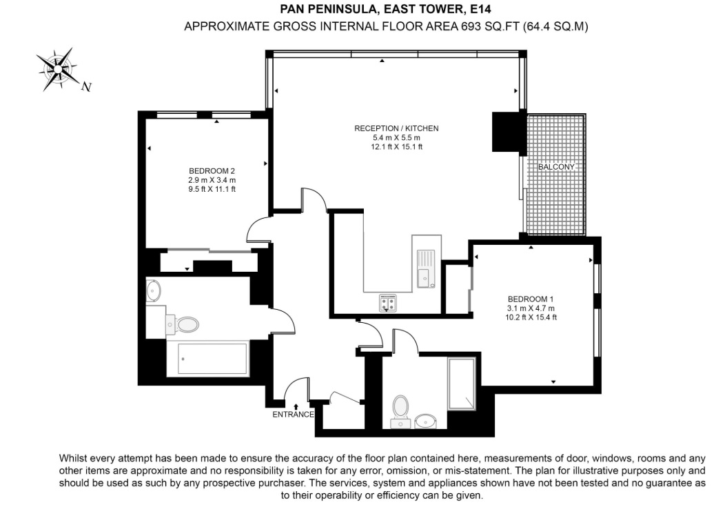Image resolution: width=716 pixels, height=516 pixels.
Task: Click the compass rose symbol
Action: pos(57,69)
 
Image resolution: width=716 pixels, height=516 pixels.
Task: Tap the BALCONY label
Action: pos(556,167)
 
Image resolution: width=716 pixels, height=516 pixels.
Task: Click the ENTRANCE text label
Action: pos(293,415)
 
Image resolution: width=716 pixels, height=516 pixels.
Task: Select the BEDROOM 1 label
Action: pos(531,299)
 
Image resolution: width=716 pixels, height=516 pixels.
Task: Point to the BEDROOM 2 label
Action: pos(212,171)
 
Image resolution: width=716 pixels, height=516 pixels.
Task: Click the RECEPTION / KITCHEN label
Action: pos(396,128)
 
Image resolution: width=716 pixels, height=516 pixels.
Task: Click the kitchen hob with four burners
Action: pos(388,303)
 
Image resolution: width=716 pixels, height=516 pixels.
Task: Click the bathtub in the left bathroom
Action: pos(213,359)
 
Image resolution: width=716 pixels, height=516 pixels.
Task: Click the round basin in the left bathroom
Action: pos(154,290)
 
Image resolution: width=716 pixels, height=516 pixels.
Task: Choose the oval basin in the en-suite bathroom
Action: pos(426,421)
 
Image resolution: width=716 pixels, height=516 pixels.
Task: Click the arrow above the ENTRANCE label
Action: pos(296,406)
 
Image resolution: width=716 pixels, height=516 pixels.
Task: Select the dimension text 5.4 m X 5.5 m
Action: pos(396,137)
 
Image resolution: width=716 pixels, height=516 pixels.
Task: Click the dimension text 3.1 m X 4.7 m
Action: pos(531,308)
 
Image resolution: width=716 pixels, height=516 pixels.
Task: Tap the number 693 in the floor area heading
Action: pos(471,26)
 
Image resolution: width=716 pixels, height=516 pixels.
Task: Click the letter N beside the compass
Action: pos(86,87)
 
